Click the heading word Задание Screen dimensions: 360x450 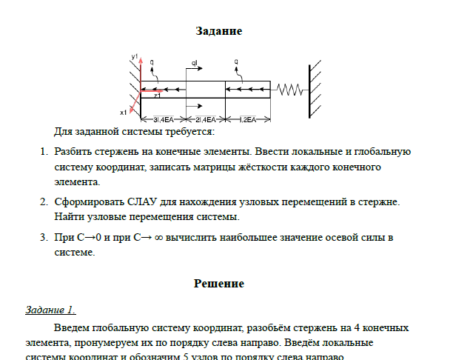click(219, 31)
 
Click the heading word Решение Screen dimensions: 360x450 click(219, 283)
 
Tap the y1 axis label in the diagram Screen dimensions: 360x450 click(135, 56)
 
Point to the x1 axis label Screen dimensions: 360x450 click(123, 113)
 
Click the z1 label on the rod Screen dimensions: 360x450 click(157, 96)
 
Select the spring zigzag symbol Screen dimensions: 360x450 click(289, 89)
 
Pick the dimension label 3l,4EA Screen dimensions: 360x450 click(164, 119)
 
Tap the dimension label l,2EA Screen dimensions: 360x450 click(248, 119)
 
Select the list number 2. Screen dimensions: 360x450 click(42, 201)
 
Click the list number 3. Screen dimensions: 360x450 click(42, 237)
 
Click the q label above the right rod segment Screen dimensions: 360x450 click(235, 62)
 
